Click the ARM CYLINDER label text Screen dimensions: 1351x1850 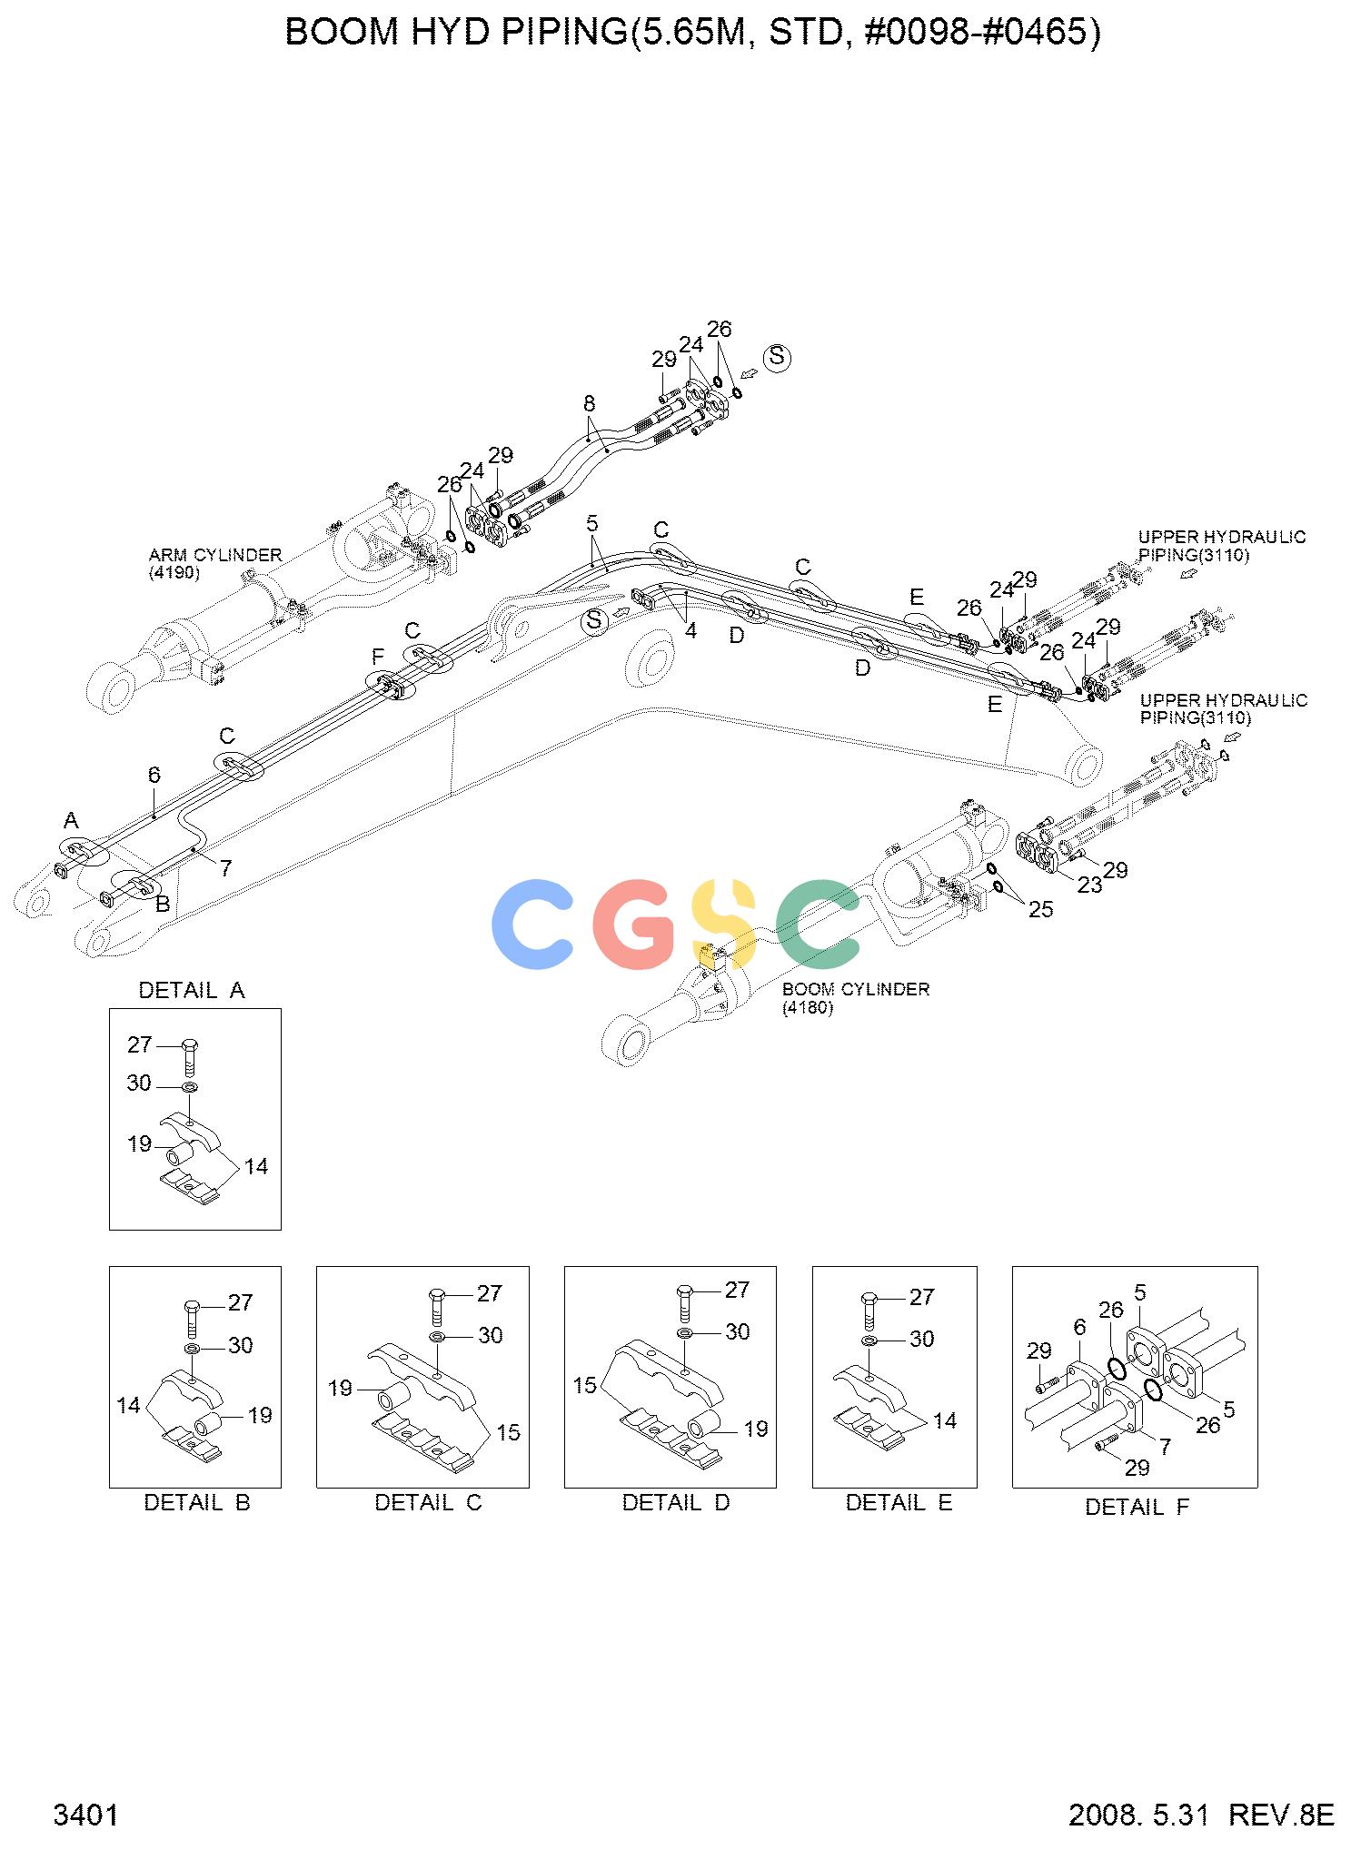tap(215, 554)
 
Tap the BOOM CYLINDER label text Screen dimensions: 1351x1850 tap(855, 989)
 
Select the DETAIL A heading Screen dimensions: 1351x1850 tap(192, 990)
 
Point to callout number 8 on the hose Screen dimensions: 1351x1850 tap(589, 402)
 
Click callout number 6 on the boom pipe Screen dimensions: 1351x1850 tap(154, 775)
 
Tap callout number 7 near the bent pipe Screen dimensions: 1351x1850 tap(225, 868)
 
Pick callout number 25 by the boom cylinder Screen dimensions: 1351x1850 tap(1040, 909)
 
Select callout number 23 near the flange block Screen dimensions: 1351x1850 tap(1089, 885)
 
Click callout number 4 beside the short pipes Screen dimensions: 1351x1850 tap(690, 630)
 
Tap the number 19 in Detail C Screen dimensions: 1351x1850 tap(340, 1389)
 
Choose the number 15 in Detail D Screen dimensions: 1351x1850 tap(585, 1385)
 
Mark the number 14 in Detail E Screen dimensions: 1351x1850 tap(945, 1420)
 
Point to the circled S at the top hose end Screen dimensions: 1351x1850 tap(777, 357)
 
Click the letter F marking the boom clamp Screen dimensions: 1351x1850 tap(378, 656)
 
